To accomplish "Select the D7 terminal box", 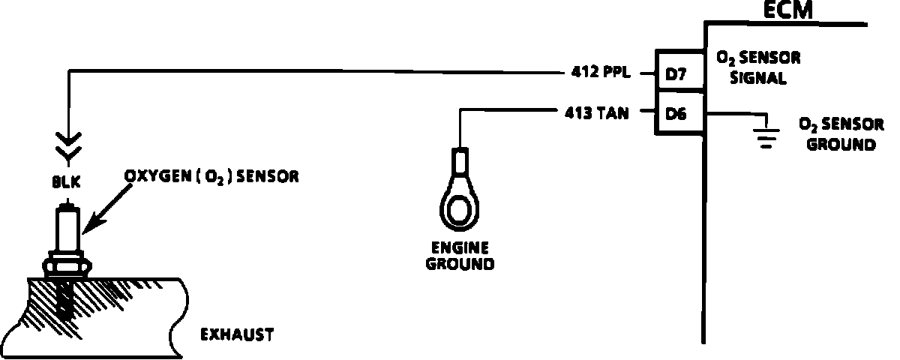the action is pos(679,73).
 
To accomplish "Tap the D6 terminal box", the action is pos(679,113).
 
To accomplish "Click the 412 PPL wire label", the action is pos(597,73).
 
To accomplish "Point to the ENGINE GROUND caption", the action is pos(459,256).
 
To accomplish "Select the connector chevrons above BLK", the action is pos(69,147).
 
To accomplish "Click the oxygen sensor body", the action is pos(69,229).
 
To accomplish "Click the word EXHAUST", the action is pos(237,334).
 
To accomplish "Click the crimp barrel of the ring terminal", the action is pos(459,162).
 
